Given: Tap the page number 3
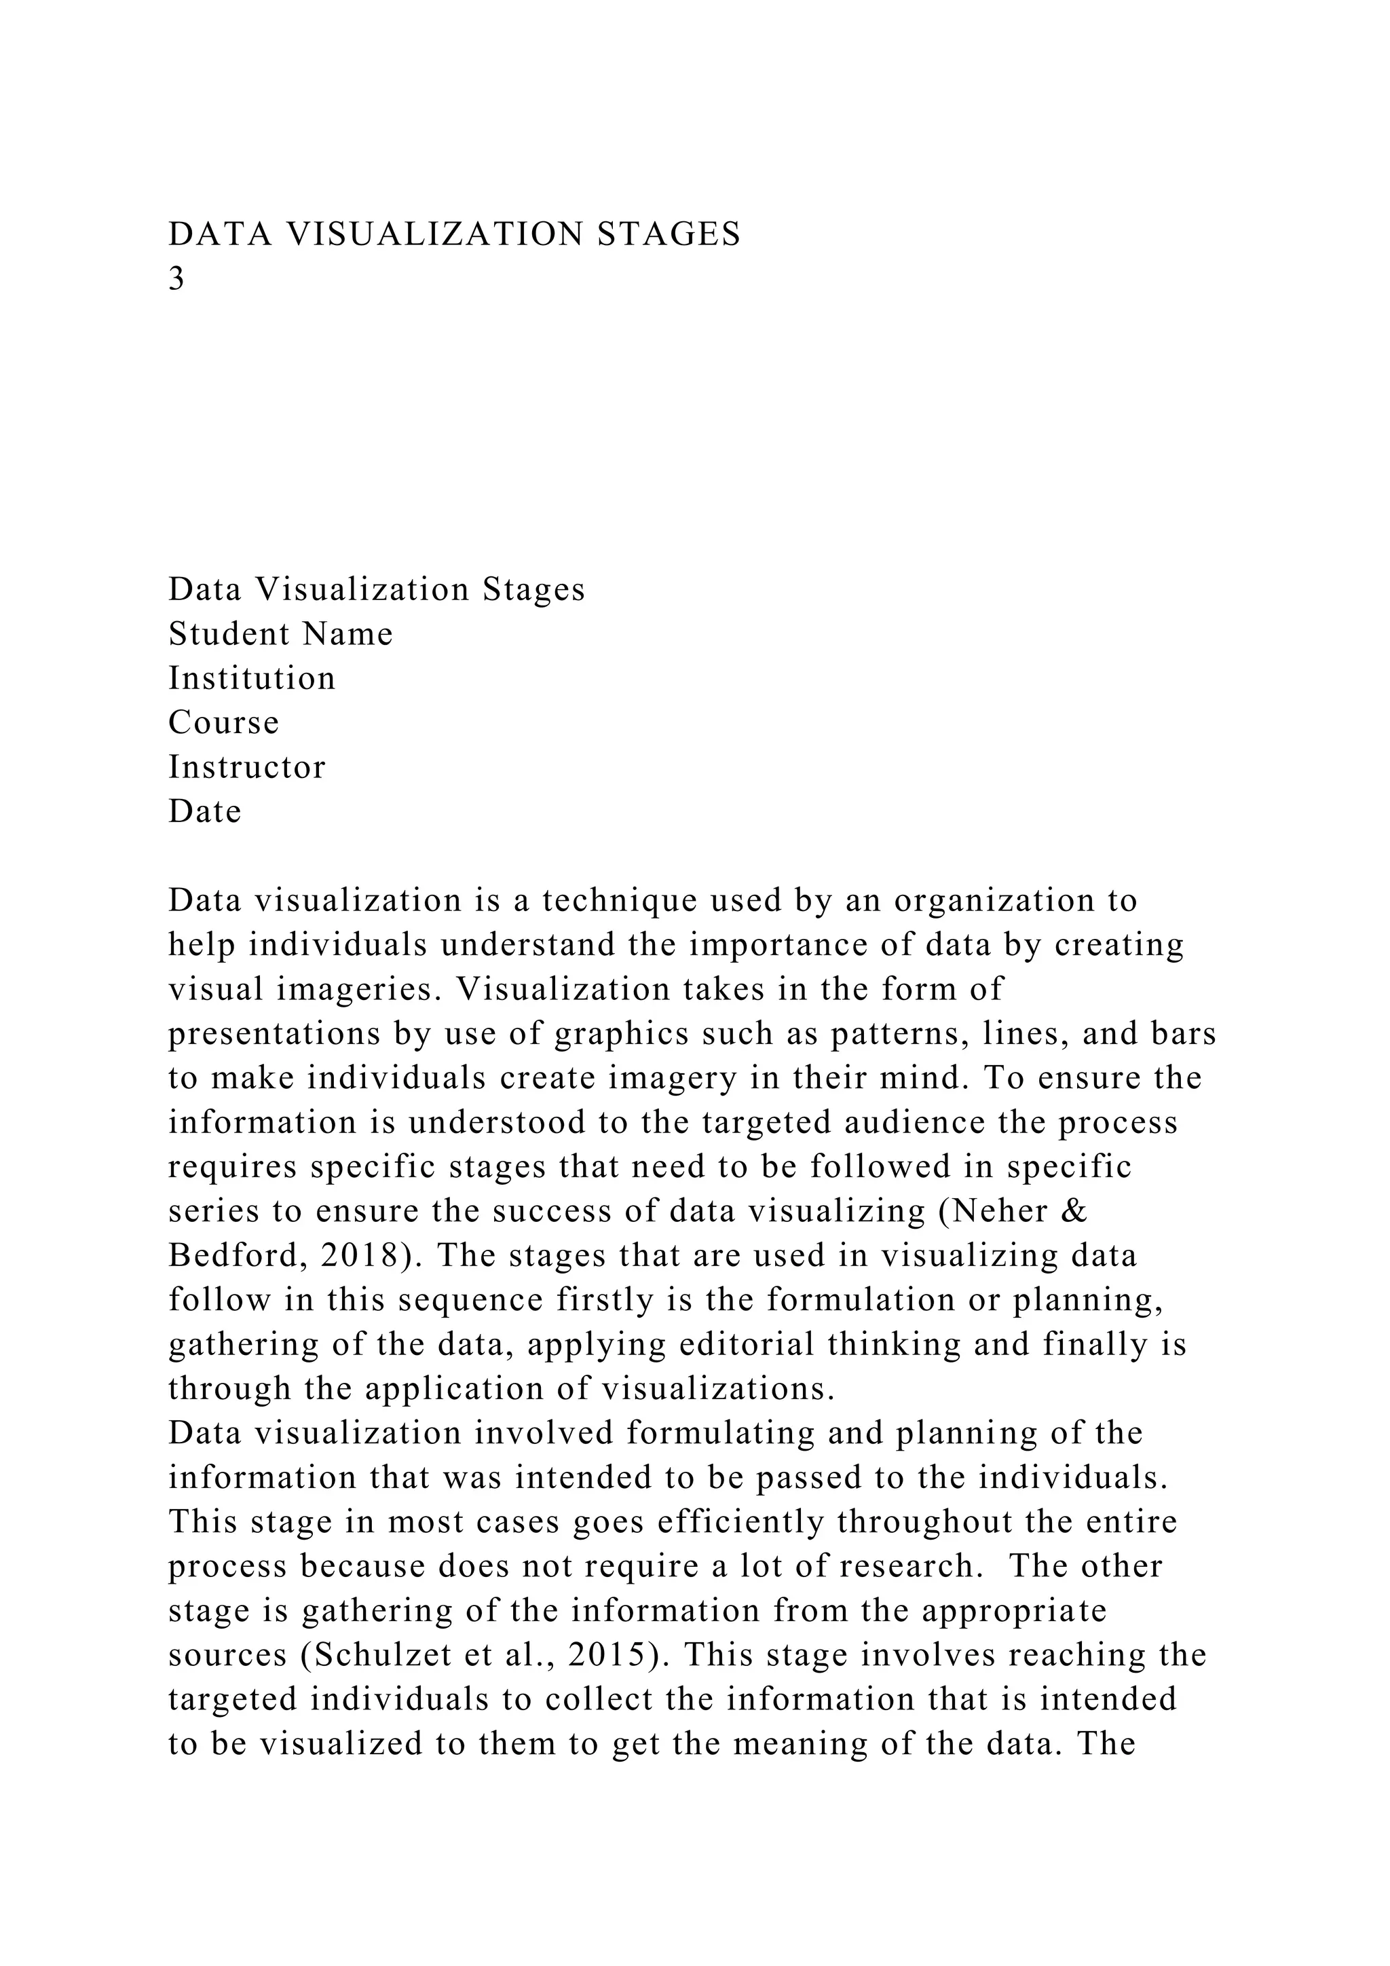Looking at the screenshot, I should click(x=176, y=279).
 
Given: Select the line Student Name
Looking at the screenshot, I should click(x=281, y=635).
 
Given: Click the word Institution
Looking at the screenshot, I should click(x=252, y=679).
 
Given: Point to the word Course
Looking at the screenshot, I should click(x=223, y=724).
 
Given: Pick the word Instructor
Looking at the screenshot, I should click(x=246, y=767).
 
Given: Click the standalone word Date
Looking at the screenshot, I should click(x=204, y=812).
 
